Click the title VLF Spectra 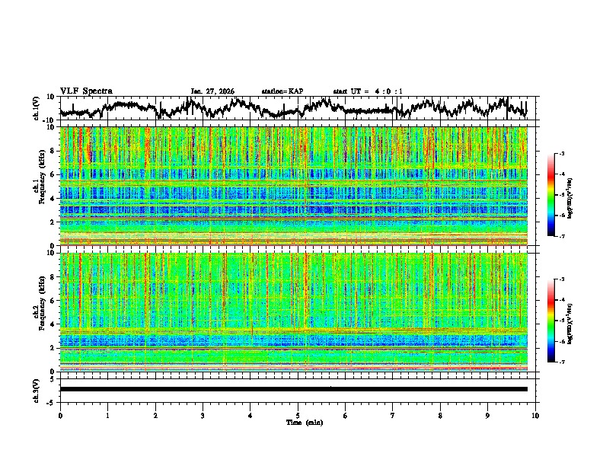[x=86, y=91]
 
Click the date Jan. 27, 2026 [x=212, y=91]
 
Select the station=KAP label [x=282, y=91]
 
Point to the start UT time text [x=368, y=91]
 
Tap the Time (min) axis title [x=304, y=422]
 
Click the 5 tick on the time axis [x=298, y=415]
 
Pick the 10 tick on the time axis [x=535, y=415]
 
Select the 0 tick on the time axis [x=60, y=415]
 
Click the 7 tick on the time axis [x=393, y=415]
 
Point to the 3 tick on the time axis [x=203, y=415]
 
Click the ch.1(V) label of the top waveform [x=36, y=108]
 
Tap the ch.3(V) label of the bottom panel [x=36, y=389]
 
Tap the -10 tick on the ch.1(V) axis [x=49, y=120]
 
